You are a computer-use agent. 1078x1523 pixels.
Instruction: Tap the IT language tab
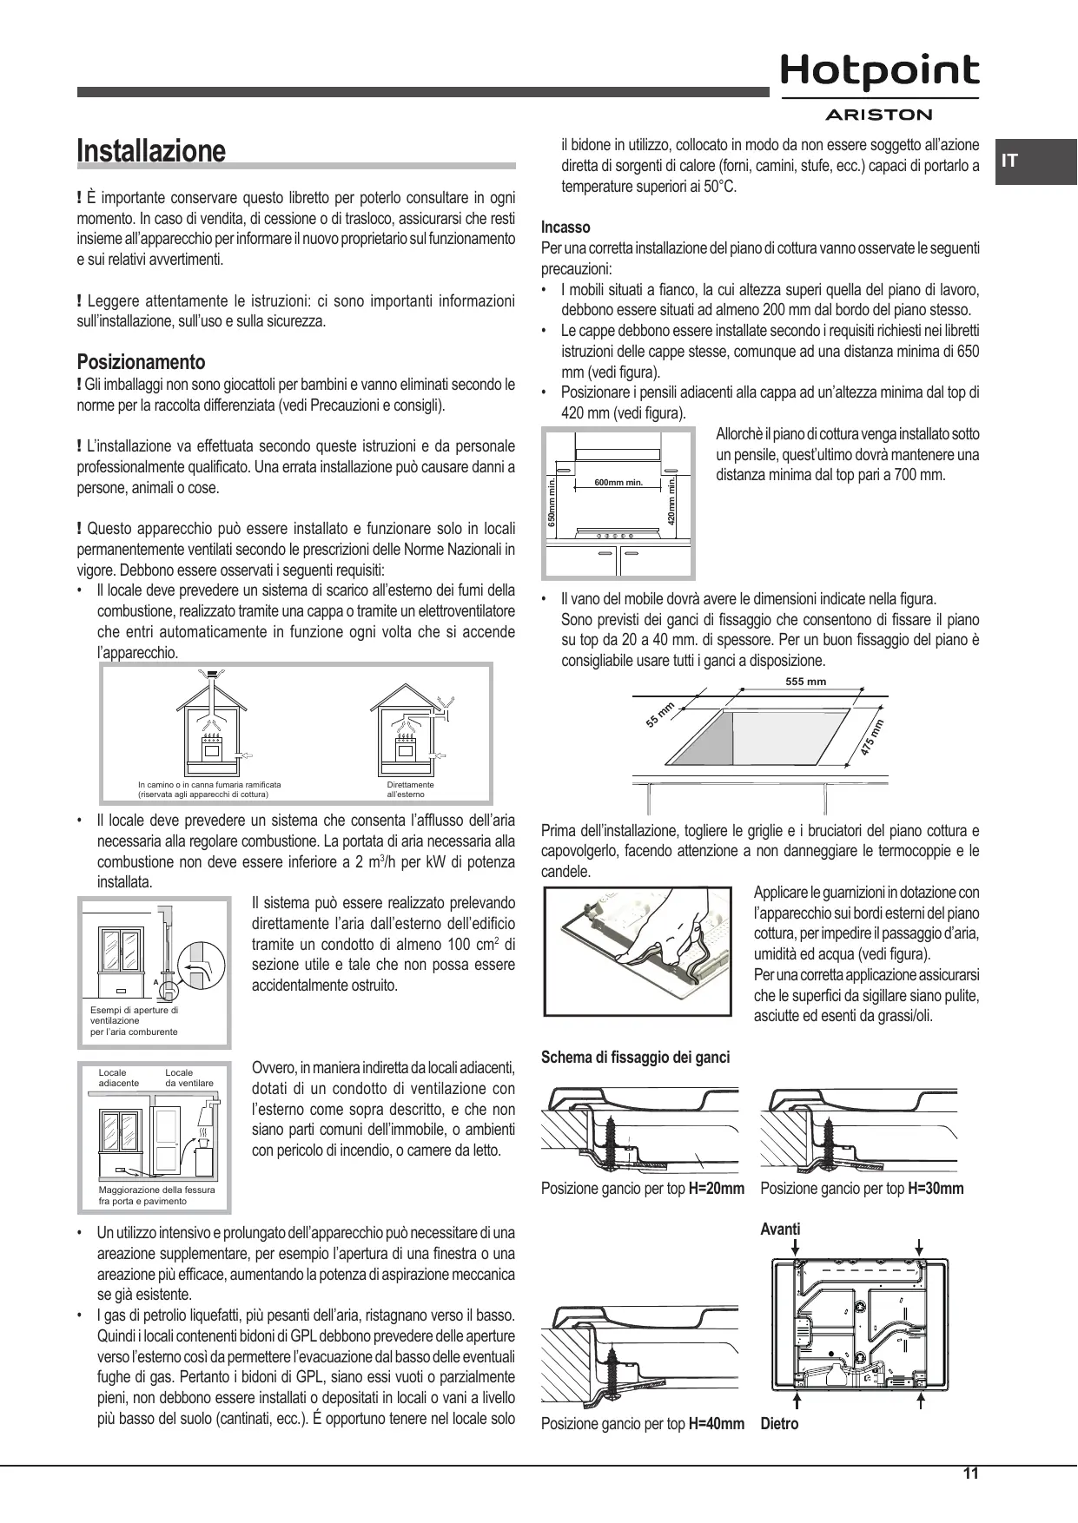point(1009,162)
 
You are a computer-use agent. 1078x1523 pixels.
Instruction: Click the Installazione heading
point(151,151)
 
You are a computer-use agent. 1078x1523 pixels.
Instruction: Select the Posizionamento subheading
point(141,362)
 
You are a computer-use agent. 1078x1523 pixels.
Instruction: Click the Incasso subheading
point(565,227)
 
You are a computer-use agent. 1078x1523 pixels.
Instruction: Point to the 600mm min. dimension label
point(618,482)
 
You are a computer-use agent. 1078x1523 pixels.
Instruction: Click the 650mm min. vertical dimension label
point(552,504)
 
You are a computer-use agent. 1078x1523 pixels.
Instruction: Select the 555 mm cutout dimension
point(805,682)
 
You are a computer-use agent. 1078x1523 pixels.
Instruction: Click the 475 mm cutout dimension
point(871,739)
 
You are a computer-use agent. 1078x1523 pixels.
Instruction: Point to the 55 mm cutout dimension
point(661,714)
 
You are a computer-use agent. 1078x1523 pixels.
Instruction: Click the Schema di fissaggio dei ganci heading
point(635,1057)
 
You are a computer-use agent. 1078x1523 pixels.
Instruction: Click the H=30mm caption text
point(936,1189)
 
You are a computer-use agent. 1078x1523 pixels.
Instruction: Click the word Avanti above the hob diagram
point(780,1229)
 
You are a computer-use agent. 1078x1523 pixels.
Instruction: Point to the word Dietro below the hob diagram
point(779,1424)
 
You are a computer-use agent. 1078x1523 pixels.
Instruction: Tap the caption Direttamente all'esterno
point(410,789)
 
